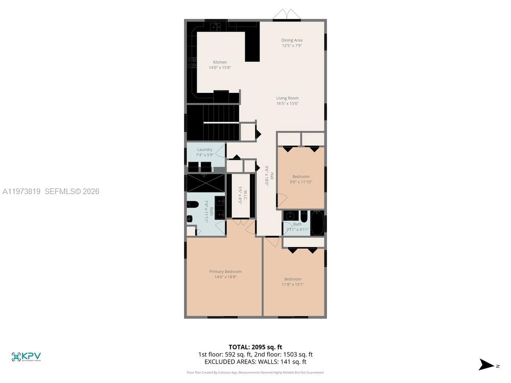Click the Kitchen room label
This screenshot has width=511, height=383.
pos(220,62)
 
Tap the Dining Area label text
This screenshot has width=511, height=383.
pos(292,40)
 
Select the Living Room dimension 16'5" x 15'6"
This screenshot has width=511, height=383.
pos(287,104)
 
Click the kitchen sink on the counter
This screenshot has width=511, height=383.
pos(216,26)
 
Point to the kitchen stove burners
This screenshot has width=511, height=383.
pos(192,63)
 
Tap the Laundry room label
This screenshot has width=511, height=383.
pos(204,150)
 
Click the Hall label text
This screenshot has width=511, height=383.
pos(272,176)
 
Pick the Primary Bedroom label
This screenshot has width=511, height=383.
pos(225,272)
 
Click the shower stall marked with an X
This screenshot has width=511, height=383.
pos(205,183)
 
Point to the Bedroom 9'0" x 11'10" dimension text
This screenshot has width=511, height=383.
pos(300,182)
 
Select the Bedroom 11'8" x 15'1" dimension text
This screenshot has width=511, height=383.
pos(293,284)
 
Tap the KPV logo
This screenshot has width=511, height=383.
pos(26,356)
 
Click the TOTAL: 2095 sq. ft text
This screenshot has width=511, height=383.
pos(255,347)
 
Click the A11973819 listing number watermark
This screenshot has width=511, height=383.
pos(21,192)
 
